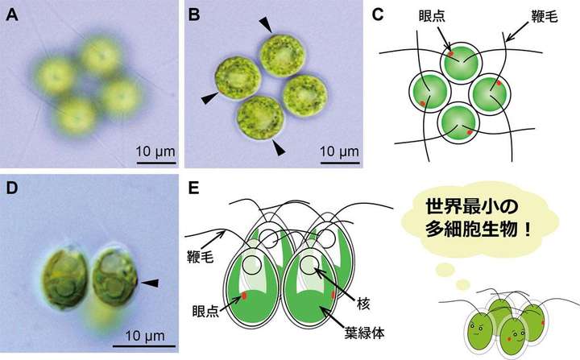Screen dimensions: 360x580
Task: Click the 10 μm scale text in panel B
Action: [341, 151]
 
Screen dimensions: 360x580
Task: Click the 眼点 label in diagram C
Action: [423, 16]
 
